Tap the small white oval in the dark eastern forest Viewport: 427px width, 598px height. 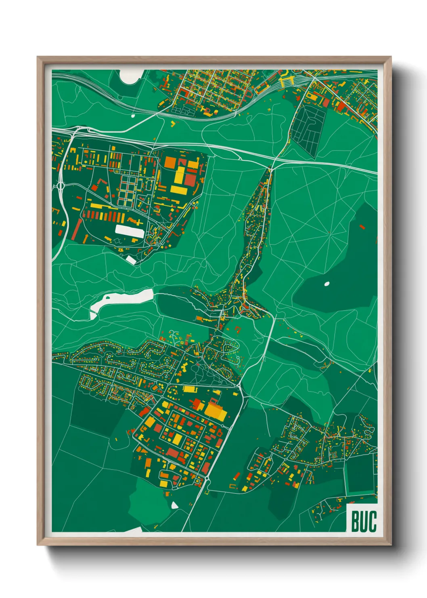coord(327,284)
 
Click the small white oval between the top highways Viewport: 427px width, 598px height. coord(133,116)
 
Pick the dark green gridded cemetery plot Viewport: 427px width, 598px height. coord(309,126)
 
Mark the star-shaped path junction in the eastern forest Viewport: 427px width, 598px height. coord(330,232)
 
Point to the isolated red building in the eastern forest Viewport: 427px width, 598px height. coord(362,227)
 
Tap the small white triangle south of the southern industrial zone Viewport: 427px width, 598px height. coord(174,505)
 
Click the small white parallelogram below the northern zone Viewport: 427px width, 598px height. coord(131,259)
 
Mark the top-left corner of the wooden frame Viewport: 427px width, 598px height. coord(38,57)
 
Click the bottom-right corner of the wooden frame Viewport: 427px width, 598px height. coord(391,545)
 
